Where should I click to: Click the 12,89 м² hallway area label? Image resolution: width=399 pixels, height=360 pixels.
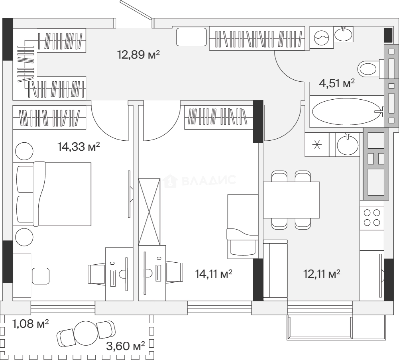click(138, 54)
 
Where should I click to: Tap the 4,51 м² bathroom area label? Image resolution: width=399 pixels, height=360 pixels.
click(337, 83)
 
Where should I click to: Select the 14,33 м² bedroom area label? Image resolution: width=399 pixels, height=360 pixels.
click(79, 147)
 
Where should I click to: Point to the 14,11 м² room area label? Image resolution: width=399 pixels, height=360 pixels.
click(213, 274)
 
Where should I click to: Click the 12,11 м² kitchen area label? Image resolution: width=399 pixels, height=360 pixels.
click(322, 274)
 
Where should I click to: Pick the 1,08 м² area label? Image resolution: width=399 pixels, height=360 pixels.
click(30, 324)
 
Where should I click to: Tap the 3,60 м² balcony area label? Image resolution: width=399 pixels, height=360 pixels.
click(125, 346)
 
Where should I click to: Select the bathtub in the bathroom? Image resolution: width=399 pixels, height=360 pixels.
click(348, 111)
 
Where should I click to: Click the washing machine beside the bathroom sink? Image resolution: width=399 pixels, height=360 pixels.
click(322, 37)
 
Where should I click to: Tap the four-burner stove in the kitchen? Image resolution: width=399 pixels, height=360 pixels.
click(372, 217)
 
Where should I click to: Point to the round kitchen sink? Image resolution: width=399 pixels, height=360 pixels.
click(348, 144)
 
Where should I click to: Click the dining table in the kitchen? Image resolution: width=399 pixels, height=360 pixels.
click(291, 200)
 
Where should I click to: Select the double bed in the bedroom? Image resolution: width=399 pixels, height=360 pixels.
click(54, 194)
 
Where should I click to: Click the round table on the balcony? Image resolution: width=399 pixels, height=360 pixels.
click(86, 333)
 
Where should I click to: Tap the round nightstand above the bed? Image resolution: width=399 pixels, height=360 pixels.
click(24, 151)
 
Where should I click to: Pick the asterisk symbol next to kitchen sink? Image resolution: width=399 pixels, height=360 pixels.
click(317, 145)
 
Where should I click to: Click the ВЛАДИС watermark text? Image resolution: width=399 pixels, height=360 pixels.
click(209, 180)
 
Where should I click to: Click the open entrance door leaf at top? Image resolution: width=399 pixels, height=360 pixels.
click(137, 10)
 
